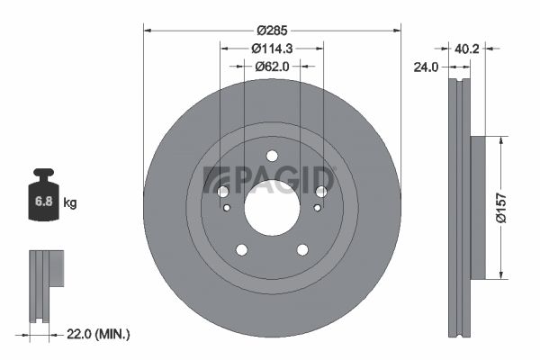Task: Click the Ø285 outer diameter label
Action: pos(272,31)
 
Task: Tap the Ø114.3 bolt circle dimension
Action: pos(272,49)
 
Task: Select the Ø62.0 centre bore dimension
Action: pos(272,66)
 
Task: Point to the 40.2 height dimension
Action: pos(466,49)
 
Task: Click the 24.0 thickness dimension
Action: pos(426,67)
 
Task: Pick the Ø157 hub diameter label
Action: pos(501,208)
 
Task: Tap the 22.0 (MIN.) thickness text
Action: pos(98,334)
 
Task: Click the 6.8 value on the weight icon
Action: pos(44,202)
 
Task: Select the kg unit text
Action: pos(70,202)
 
